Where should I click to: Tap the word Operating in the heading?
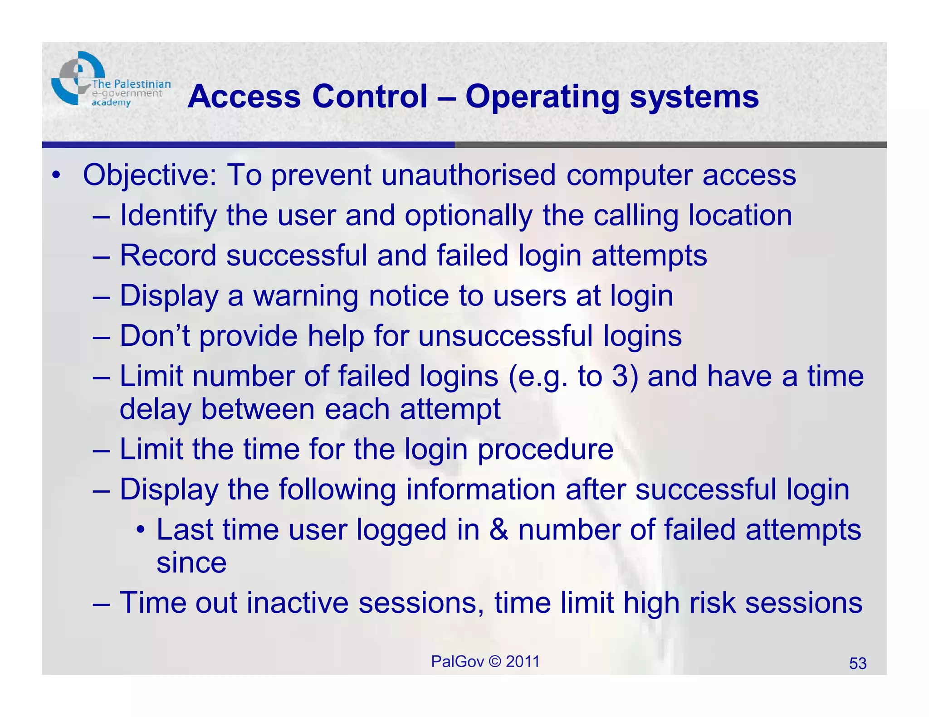[x=542, y=97]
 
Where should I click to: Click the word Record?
[x=168, y=255]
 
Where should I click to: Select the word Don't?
[x=154, y=336]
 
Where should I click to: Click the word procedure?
[x=545, y=450]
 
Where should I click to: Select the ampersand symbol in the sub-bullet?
[x=499, y=530]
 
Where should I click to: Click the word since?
[x=191, y=563]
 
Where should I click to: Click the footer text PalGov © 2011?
[x=485, y=662]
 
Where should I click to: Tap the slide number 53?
[x=857, y=664]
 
